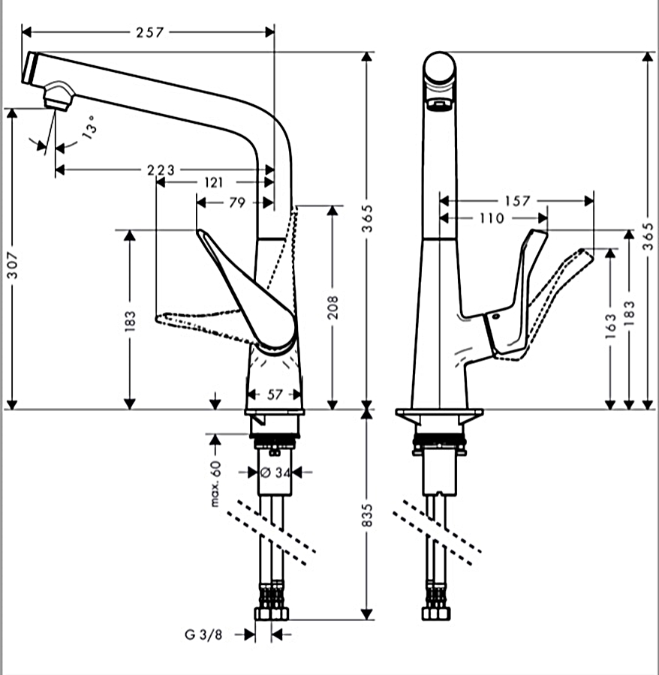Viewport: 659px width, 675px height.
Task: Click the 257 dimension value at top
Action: pyautogui.click(x=150, y=32)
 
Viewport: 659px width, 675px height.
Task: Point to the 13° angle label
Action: pyautogui.click(x=90, y=127)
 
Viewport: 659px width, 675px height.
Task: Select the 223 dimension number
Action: pyautogui.click(x=161, y=170)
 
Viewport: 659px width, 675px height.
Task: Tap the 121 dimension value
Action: pyautogui.click(x=214, y=183)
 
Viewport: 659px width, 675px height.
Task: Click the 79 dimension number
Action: pyautogui.click(x=237, y=202)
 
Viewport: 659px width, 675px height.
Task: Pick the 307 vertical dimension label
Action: pyautogui.click(x=13, y=265)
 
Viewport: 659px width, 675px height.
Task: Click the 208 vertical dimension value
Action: pyautogui.click(x=333, y=307)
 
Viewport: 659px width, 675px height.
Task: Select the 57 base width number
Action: pyautogui.click(x=275, y=394)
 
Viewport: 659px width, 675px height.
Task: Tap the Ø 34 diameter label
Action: pyautogui.click(x=275, y=472)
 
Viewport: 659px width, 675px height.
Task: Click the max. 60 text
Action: pyautogui.click(x=215, y=484)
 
